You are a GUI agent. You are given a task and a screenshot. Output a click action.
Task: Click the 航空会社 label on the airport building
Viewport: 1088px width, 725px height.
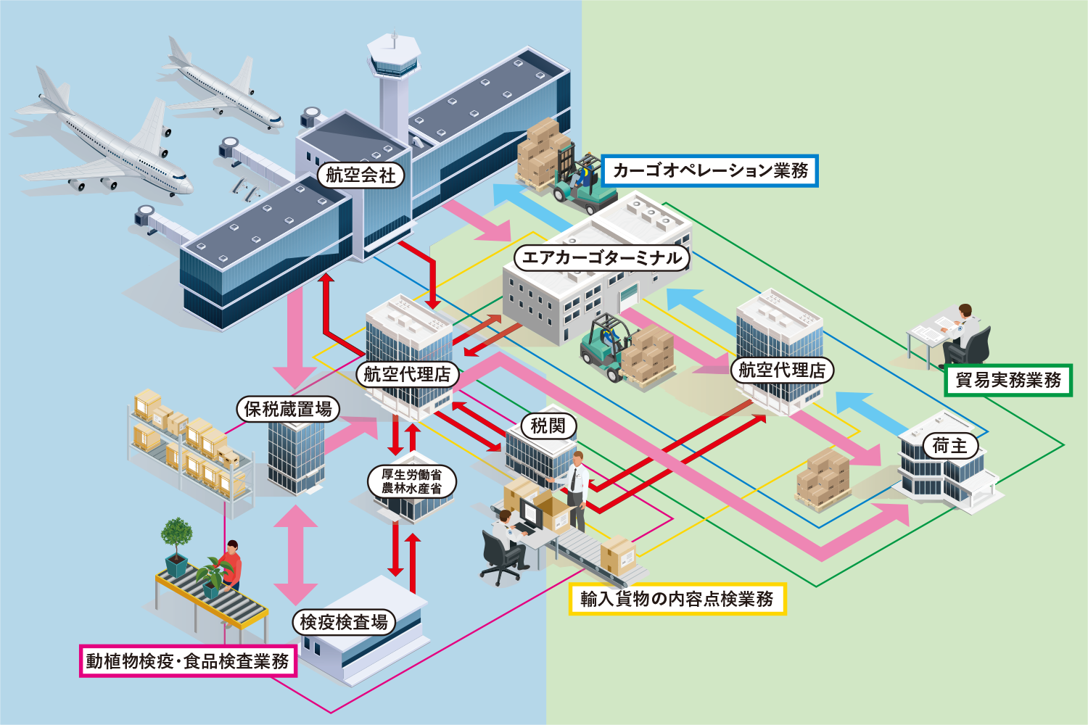pyautogui.click(x=360, y=175)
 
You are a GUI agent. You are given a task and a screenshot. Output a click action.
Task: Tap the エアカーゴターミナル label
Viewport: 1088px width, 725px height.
pyautogui.click(x=601, y=257)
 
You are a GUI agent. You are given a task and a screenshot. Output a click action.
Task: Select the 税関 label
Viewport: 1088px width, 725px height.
pyautogui.click(x=548, y=426)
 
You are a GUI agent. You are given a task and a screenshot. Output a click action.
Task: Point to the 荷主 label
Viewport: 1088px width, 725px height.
pyautogui.click(x=949, y=445)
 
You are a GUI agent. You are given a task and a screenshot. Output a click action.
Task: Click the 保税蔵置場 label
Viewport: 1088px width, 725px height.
pyautogui.click(x=288, y=409)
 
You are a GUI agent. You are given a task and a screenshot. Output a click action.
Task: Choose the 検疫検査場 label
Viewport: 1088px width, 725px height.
pyautogui.click(x=344, y=622)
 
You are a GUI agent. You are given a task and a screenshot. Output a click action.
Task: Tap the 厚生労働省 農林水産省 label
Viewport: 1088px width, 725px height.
pyautogui.click(x=411, y=481)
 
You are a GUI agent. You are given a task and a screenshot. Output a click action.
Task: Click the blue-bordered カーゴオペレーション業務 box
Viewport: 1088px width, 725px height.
pyautogui.click(x=710, y=170)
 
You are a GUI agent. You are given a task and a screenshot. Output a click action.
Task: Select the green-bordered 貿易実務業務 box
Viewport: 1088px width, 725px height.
pyautogui.click(x=1008, y=380)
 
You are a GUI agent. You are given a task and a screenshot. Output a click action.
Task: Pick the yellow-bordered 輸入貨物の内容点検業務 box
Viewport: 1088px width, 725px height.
pyautogui.click(x=677, y=599)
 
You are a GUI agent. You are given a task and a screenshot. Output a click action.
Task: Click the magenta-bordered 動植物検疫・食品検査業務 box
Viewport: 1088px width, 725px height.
pyautogui.click(x=188, y=660)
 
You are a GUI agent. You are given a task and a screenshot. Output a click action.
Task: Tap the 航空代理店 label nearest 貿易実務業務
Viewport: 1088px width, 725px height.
pyautogui.click(x=782, y=370)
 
